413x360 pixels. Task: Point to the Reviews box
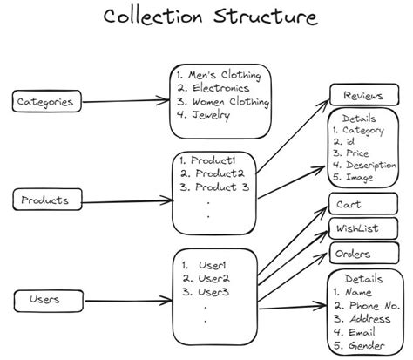point(364,95)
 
